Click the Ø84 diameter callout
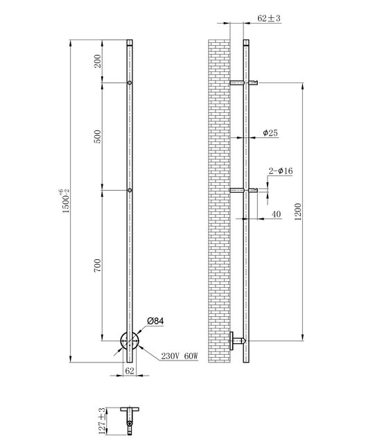click(155, 322)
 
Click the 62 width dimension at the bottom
click(129, 371)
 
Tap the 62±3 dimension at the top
click(268, 19)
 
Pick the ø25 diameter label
click(270, 132)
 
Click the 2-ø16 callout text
click(281, 171)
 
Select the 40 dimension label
click(276, 214)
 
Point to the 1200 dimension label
click(298, 211)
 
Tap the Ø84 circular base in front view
click(129, 342)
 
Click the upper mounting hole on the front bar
click(130, 83)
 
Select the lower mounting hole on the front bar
click(130, 190)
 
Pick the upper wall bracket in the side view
click(245, 83)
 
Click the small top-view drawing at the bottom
click(129, 418)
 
